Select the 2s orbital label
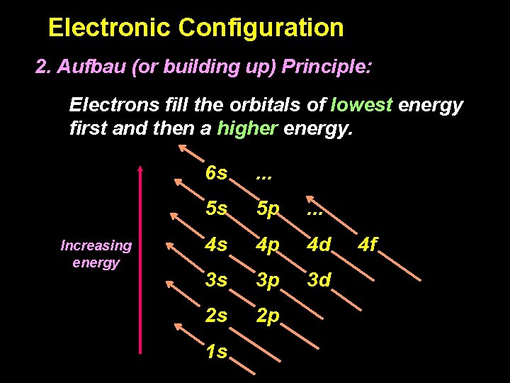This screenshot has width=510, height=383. (217, 316)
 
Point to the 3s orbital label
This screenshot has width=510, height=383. (217, 280)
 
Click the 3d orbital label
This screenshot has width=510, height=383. (319, 280)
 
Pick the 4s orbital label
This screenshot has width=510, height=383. (217, 246)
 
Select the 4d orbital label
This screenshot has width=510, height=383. (319, 246)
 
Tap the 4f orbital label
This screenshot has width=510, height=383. (368, 246)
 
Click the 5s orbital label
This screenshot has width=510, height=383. (217, 209)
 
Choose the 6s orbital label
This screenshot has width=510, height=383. (217, 173)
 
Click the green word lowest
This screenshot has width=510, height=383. (361, 105)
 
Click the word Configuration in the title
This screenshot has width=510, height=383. (261, 28)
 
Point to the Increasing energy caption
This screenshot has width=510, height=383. (96, 254)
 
